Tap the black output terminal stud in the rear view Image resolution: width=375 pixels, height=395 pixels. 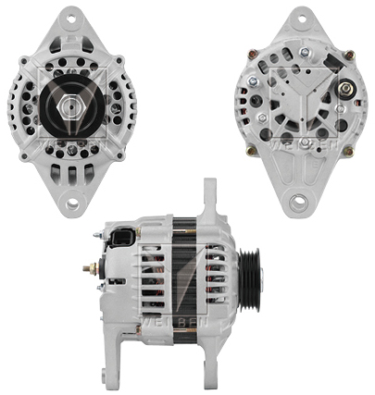[x=344, y=91]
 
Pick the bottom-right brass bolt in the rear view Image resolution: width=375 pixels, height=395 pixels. [x=344, y=148]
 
